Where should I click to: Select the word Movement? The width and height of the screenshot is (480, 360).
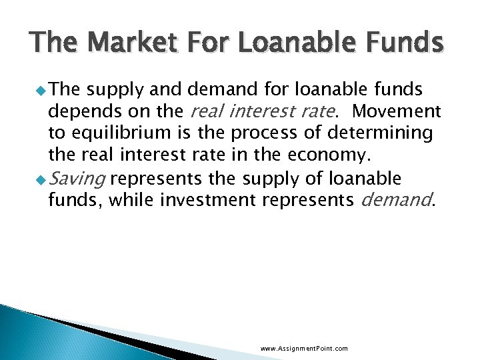(x=397, y=111)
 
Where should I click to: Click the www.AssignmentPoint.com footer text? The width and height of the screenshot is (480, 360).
(x=304, y=348)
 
